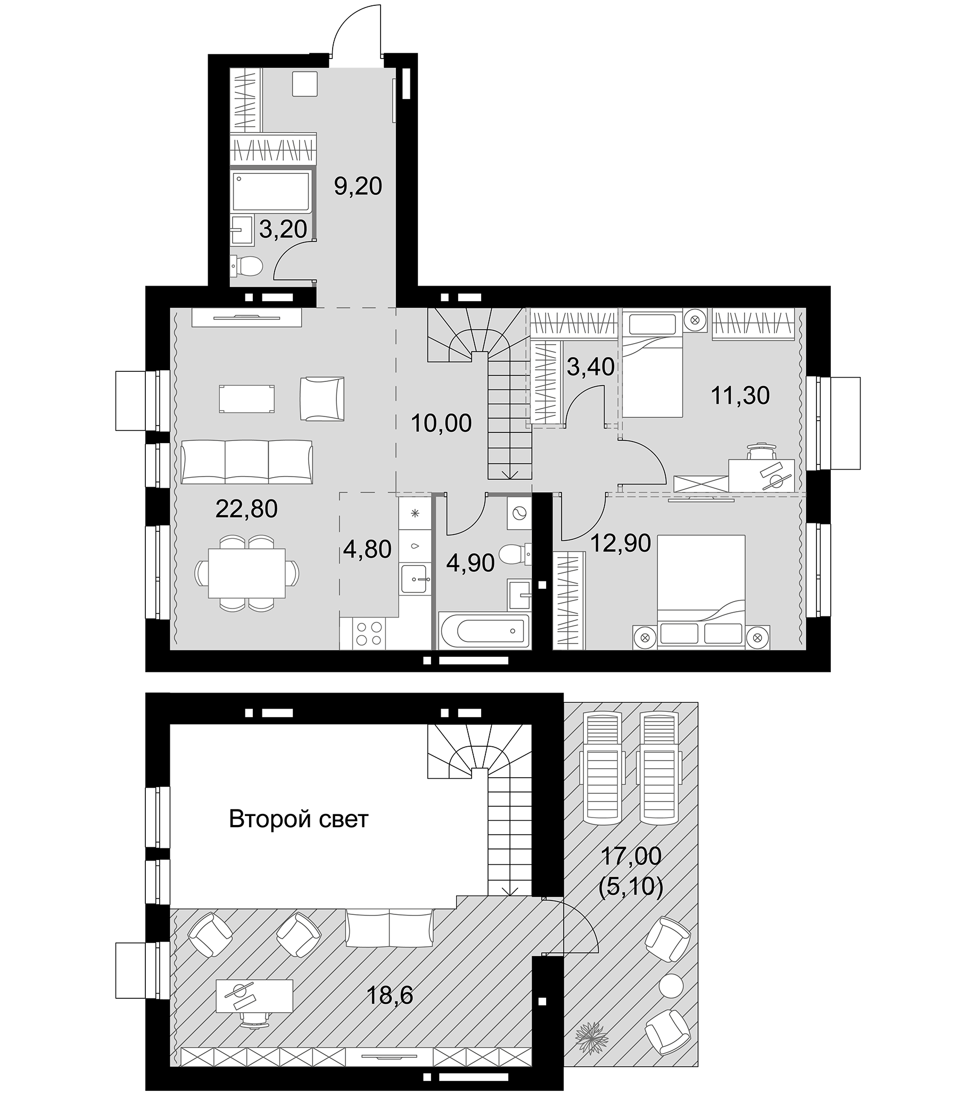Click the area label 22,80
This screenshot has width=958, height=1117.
(x=246, y=509)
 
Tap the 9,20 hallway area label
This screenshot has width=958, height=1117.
(x=358, y=187)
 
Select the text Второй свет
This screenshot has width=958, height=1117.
(x=298, y=820)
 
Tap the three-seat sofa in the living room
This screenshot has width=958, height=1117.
(x=247, y=462)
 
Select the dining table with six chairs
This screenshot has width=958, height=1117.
(x=247, y=572)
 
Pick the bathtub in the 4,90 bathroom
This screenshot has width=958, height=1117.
(x=484, y=630)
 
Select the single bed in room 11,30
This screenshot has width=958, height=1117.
(x=652, y=372)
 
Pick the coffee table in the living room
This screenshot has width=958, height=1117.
(x=246, y=399)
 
